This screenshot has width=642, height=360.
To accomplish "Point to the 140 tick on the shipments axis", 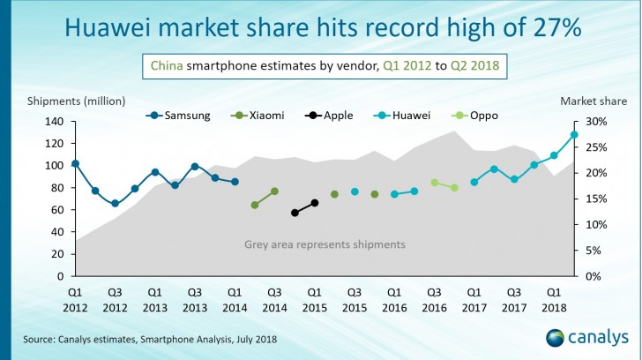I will (56, 122).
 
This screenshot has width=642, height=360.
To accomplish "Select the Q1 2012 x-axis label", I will (75, 299).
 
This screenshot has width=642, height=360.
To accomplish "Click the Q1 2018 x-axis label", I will (554, 299).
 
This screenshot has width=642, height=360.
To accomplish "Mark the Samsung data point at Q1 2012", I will (75, 163).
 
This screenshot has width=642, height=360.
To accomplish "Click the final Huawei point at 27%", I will (574, 135).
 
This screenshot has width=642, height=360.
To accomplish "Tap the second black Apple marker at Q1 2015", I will (315, 202).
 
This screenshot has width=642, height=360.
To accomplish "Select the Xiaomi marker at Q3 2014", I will (274, 191).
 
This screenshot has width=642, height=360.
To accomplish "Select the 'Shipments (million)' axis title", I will (76, 101).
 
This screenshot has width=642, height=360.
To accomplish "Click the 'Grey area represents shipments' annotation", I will (325, 244).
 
